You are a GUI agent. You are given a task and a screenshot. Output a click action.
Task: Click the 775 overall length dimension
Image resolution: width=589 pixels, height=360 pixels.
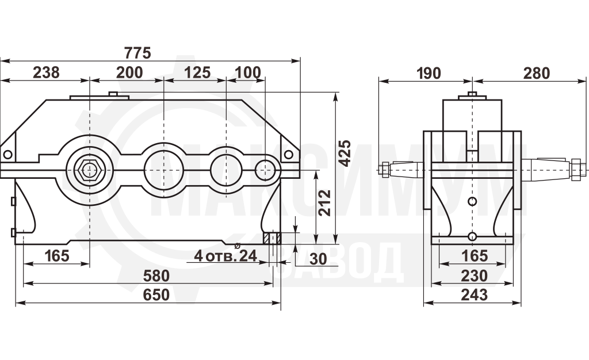137,53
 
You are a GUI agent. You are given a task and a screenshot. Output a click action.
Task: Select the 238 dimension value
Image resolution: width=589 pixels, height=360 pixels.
46,72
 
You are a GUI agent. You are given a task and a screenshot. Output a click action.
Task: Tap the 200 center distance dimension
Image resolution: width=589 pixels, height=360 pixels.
129,72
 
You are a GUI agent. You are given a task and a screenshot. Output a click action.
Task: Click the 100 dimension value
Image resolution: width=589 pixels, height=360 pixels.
247,72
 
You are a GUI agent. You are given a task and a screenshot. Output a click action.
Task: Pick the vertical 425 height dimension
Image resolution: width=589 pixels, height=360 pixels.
345,153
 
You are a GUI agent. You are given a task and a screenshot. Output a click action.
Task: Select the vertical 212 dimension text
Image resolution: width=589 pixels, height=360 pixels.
324,202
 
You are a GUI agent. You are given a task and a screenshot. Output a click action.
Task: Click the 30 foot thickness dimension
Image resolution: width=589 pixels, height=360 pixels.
318,259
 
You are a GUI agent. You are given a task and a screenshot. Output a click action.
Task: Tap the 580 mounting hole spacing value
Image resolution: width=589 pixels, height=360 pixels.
156,276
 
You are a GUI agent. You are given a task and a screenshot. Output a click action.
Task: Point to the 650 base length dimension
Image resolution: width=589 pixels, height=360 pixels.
156,295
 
